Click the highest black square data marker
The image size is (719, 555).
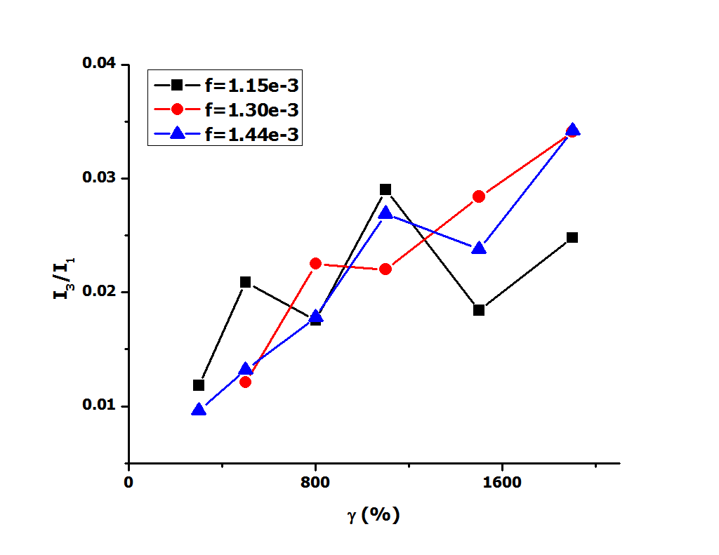coord(385,189)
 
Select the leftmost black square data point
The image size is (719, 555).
coord(199,385)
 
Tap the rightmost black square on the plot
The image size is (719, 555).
coord(572,237)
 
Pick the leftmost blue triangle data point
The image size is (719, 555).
coord(199,410)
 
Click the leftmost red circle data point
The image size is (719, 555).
coord(245,382)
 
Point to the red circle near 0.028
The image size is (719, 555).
coord(479,196)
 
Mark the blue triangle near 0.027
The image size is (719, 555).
coord(385,213)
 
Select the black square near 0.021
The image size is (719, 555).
coord(245,282)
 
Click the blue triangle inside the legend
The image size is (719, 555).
coord(178,133)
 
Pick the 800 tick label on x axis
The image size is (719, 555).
coord(315,483)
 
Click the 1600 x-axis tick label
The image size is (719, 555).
coord(502,483)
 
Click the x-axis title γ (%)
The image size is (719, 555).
coord(373,514)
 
